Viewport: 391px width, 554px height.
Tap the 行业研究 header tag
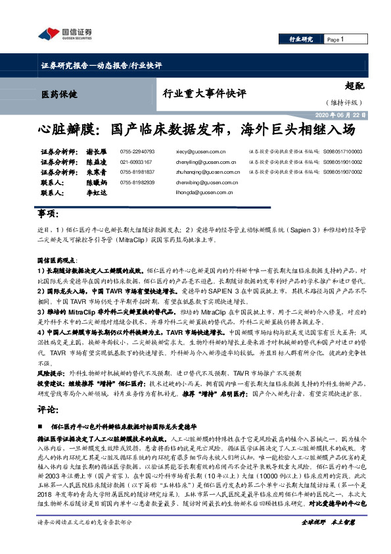[x=302, y=39]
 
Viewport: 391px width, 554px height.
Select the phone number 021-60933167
[x=137, y=161]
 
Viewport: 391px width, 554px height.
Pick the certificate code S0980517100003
[x=347, y=151]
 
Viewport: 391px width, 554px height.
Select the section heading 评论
[x=49, y=409]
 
